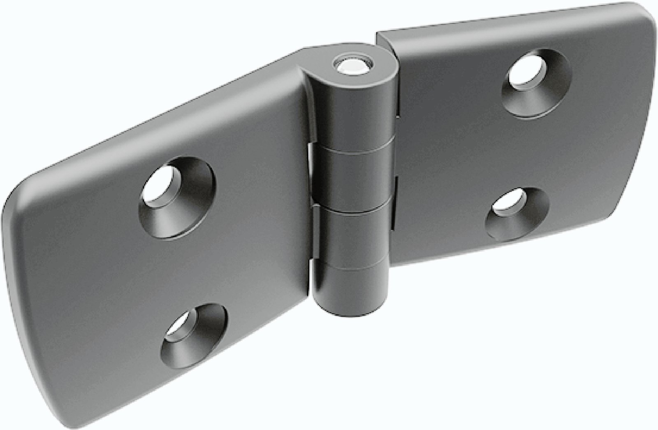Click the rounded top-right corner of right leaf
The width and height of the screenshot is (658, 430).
(648, 16)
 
